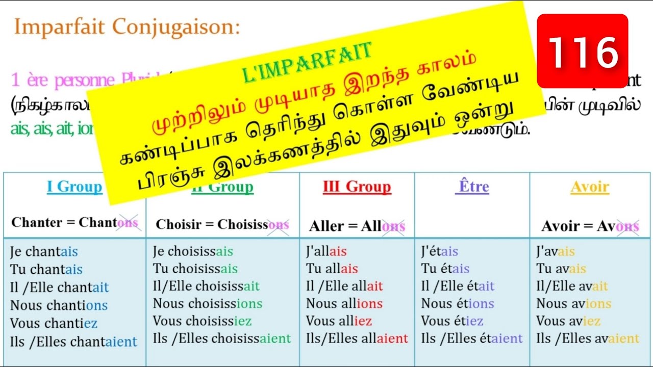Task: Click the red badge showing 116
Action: (x=582, y=51)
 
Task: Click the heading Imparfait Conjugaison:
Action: (x=127, y=27)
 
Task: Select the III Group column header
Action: (x=357, y=187)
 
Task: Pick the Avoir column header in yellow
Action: (x=590, y=187)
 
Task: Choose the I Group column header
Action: (x=74, y=187)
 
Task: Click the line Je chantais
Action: (x=44, y=252)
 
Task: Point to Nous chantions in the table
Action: (x=59, y=305)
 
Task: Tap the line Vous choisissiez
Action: (x=202, y=321)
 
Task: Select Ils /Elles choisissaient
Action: (x=222, y=338)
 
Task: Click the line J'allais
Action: (x=326, y=252)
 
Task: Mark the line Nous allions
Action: (x=344, y=304)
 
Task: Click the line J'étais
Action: (x=440, y=252)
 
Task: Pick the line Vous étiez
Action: (x=452, y=321)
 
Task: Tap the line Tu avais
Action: (x=561, y=269)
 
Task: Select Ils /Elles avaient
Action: (x=588, y=338)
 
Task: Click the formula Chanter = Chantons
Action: (x=74, y=223)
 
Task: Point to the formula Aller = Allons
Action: (x=357, y=226)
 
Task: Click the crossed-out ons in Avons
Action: (x=627, y=226)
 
